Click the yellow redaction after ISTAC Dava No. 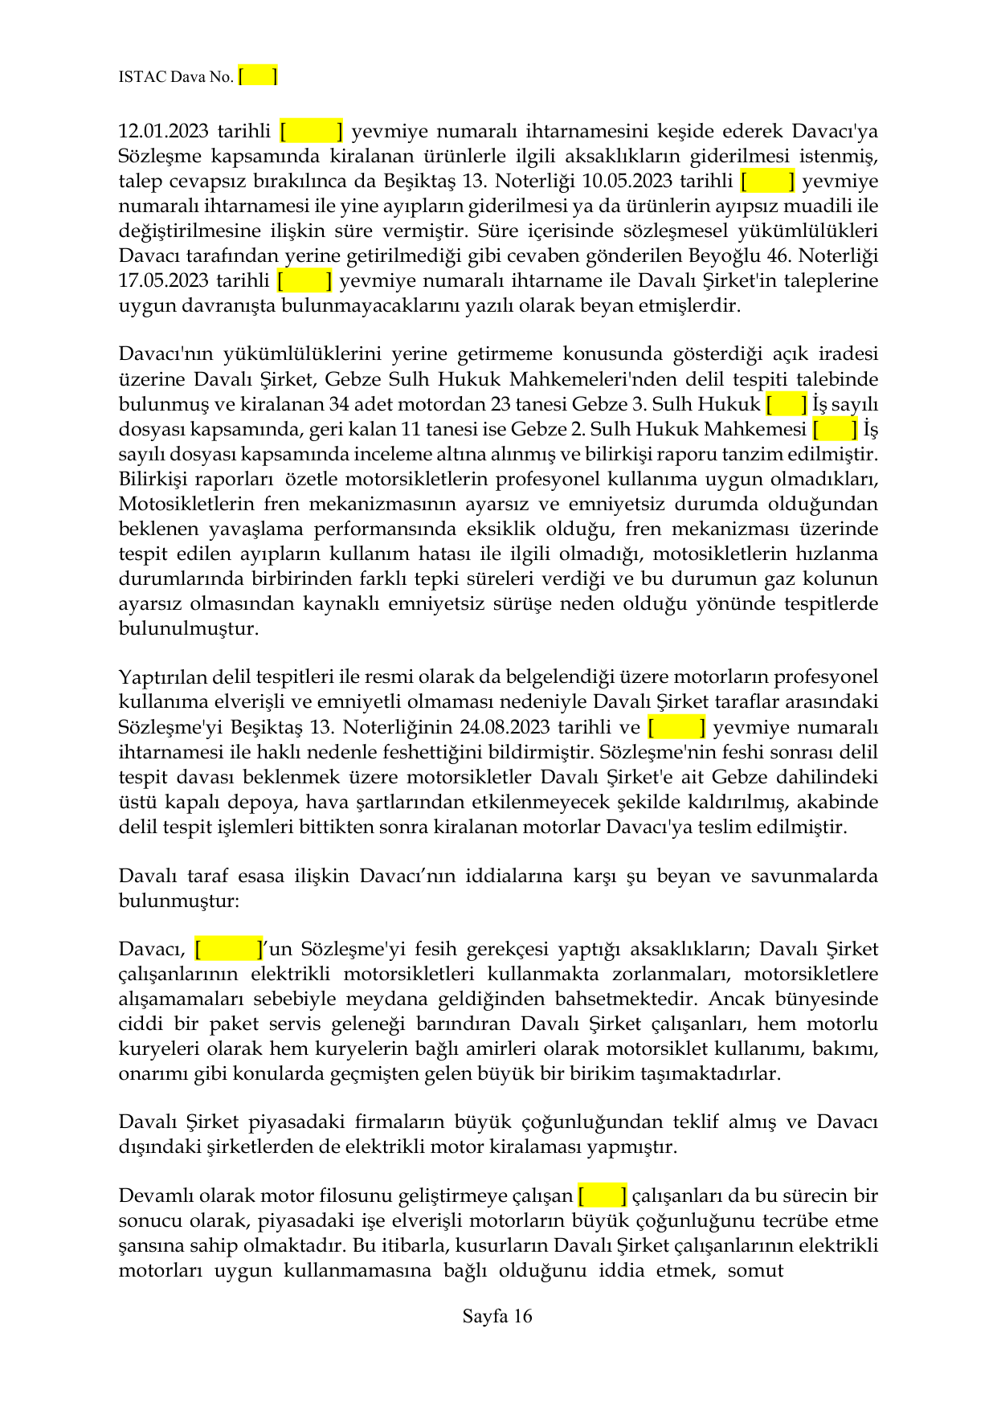coord(258,76)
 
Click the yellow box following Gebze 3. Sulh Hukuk coord(787,404)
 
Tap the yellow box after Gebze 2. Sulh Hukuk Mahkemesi coord(835,429)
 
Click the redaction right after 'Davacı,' coord(229,949)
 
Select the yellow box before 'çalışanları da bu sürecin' coord(602,1195)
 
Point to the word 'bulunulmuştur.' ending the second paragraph coord(189,628)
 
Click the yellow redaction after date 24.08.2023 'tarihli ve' coord(676,727)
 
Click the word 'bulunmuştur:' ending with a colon coord(179,900)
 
